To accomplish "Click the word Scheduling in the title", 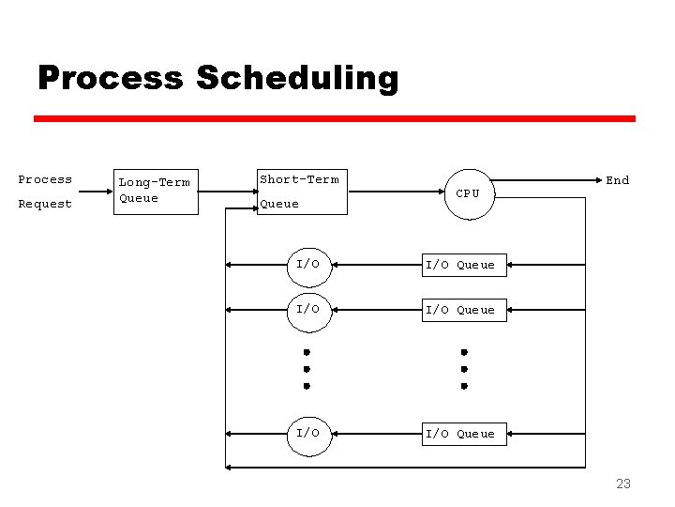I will tap(297, 78).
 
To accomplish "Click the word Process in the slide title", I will tap(110, 78).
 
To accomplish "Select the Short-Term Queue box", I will tap(300, 192).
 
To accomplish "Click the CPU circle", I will tap(468, 193).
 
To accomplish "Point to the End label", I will tap(617, 180).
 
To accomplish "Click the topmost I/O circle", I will tap(308, 265).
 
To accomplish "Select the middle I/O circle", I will tap(308, 310).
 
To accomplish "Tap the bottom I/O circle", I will tap(308, 434).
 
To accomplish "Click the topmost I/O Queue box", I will tap(460, 266).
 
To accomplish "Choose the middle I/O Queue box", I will tap(460, 310).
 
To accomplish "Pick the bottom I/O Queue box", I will tap(460, 434).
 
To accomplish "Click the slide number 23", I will tap(622, 484).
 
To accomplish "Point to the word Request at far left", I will tap(45, 204).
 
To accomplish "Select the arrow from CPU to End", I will tap(547, 178).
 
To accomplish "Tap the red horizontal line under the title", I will tap(335, 119).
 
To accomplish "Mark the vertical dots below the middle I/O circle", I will tap(307, 369).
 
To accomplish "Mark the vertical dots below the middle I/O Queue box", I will tap(463, 369).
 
